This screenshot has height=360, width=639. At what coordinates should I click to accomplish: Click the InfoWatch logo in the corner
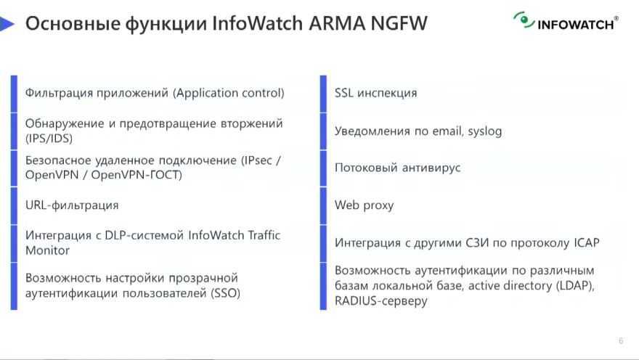(x=566, y=21)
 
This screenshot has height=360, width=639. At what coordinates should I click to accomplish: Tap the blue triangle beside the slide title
(x=7, y=24)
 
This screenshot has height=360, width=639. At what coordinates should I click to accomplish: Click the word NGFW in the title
(x=399, y=23)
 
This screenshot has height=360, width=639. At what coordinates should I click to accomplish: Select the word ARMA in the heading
(x=337, y=23)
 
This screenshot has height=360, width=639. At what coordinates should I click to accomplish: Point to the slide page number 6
(x=621, y=341)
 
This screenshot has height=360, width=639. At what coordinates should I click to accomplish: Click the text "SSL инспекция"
(x=375, y=93)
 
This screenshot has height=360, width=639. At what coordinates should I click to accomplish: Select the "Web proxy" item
(x=365, y=205)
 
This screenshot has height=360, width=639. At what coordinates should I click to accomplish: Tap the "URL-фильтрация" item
(x=72, y=205)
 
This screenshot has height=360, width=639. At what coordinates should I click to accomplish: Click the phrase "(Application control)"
(x=228, y=93)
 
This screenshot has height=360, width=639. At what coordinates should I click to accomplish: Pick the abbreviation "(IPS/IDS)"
(x=49, y=139)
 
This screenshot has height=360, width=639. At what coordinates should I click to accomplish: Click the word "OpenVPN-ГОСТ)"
(x=137, y=175)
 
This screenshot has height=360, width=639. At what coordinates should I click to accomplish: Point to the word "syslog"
(x=485, y=131)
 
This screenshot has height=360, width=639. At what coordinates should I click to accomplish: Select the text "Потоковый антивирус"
(x=397, y=168)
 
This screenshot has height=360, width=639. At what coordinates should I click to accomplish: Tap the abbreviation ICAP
(x=587, y=242)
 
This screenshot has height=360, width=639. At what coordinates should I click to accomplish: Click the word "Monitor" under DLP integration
(x=47, y=250)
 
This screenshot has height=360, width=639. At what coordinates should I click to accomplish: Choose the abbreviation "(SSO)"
(x=225, y=293)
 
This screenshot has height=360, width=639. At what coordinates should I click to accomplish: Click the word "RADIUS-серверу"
(x=381, y=301)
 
